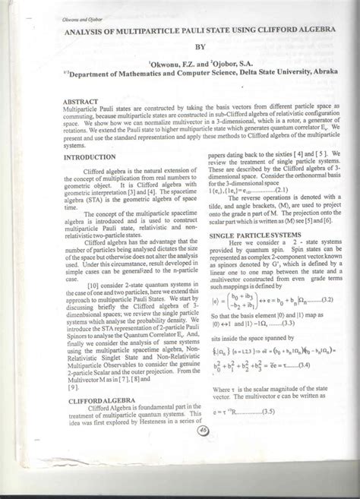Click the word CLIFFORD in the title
click(264, 33)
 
